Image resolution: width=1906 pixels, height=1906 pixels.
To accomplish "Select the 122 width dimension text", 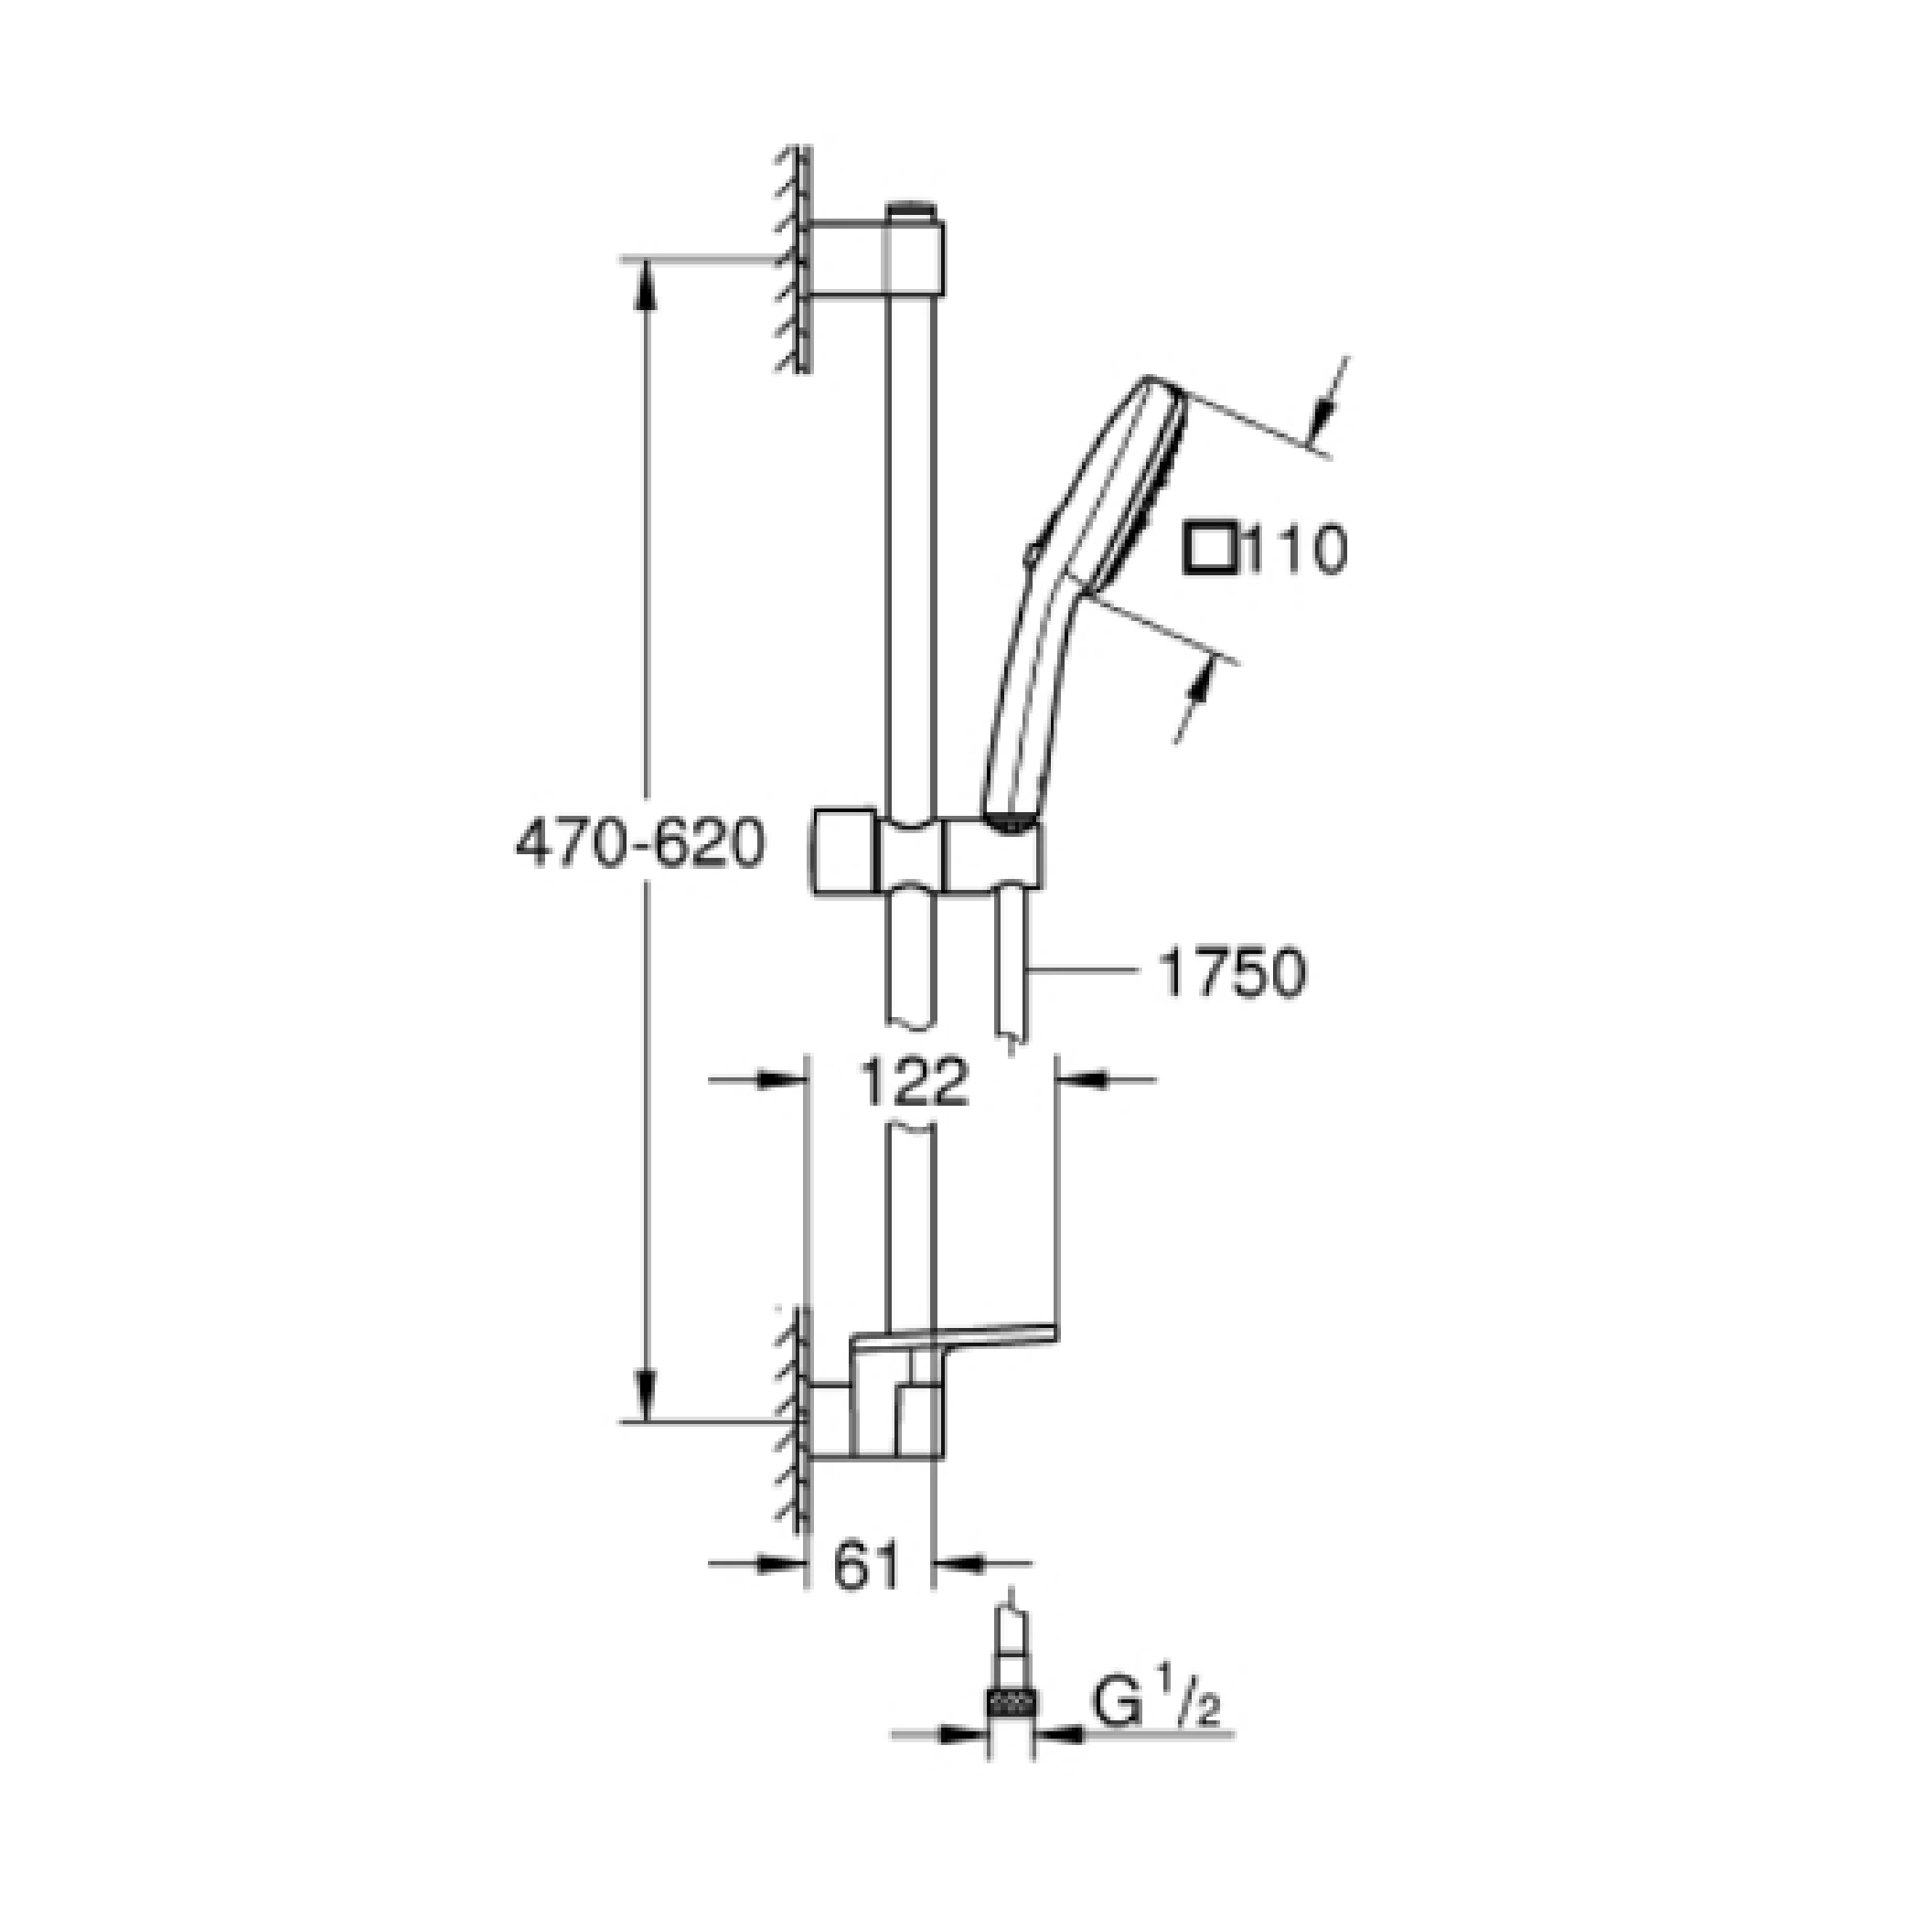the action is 916,1082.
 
